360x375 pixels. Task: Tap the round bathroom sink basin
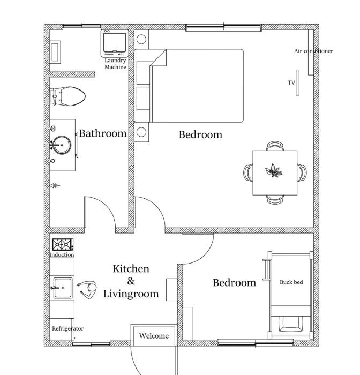[62, 145]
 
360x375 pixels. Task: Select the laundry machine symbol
[115, 43]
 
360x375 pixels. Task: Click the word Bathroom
[103, 133]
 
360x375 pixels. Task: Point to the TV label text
[291, 82]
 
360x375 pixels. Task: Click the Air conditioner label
[313, 51]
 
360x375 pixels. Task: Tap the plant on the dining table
[274, 171]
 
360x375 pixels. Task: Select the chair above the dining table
[275, 146]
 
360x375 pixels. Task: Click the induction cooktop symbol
[63, 245]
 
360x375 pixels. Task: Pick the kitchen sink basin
[63, 288]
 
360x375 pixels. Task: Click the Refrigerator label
[68, 328]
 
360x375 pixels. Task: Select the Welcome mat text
[154, 336]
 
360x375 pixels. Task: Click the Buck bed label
[291, 282]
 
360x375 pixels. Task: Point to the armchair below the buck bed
[291, 324]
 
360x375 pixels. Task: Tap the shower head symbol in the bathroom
[55, 185]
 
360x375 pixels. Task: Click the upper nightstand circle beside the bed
[141, 40]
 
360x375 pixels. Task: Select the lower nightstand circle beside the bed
[141, 132]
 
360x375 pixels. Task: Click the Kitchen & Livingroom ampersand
[131, 281]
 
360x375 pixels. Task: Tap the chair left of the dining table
[248, 172]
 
